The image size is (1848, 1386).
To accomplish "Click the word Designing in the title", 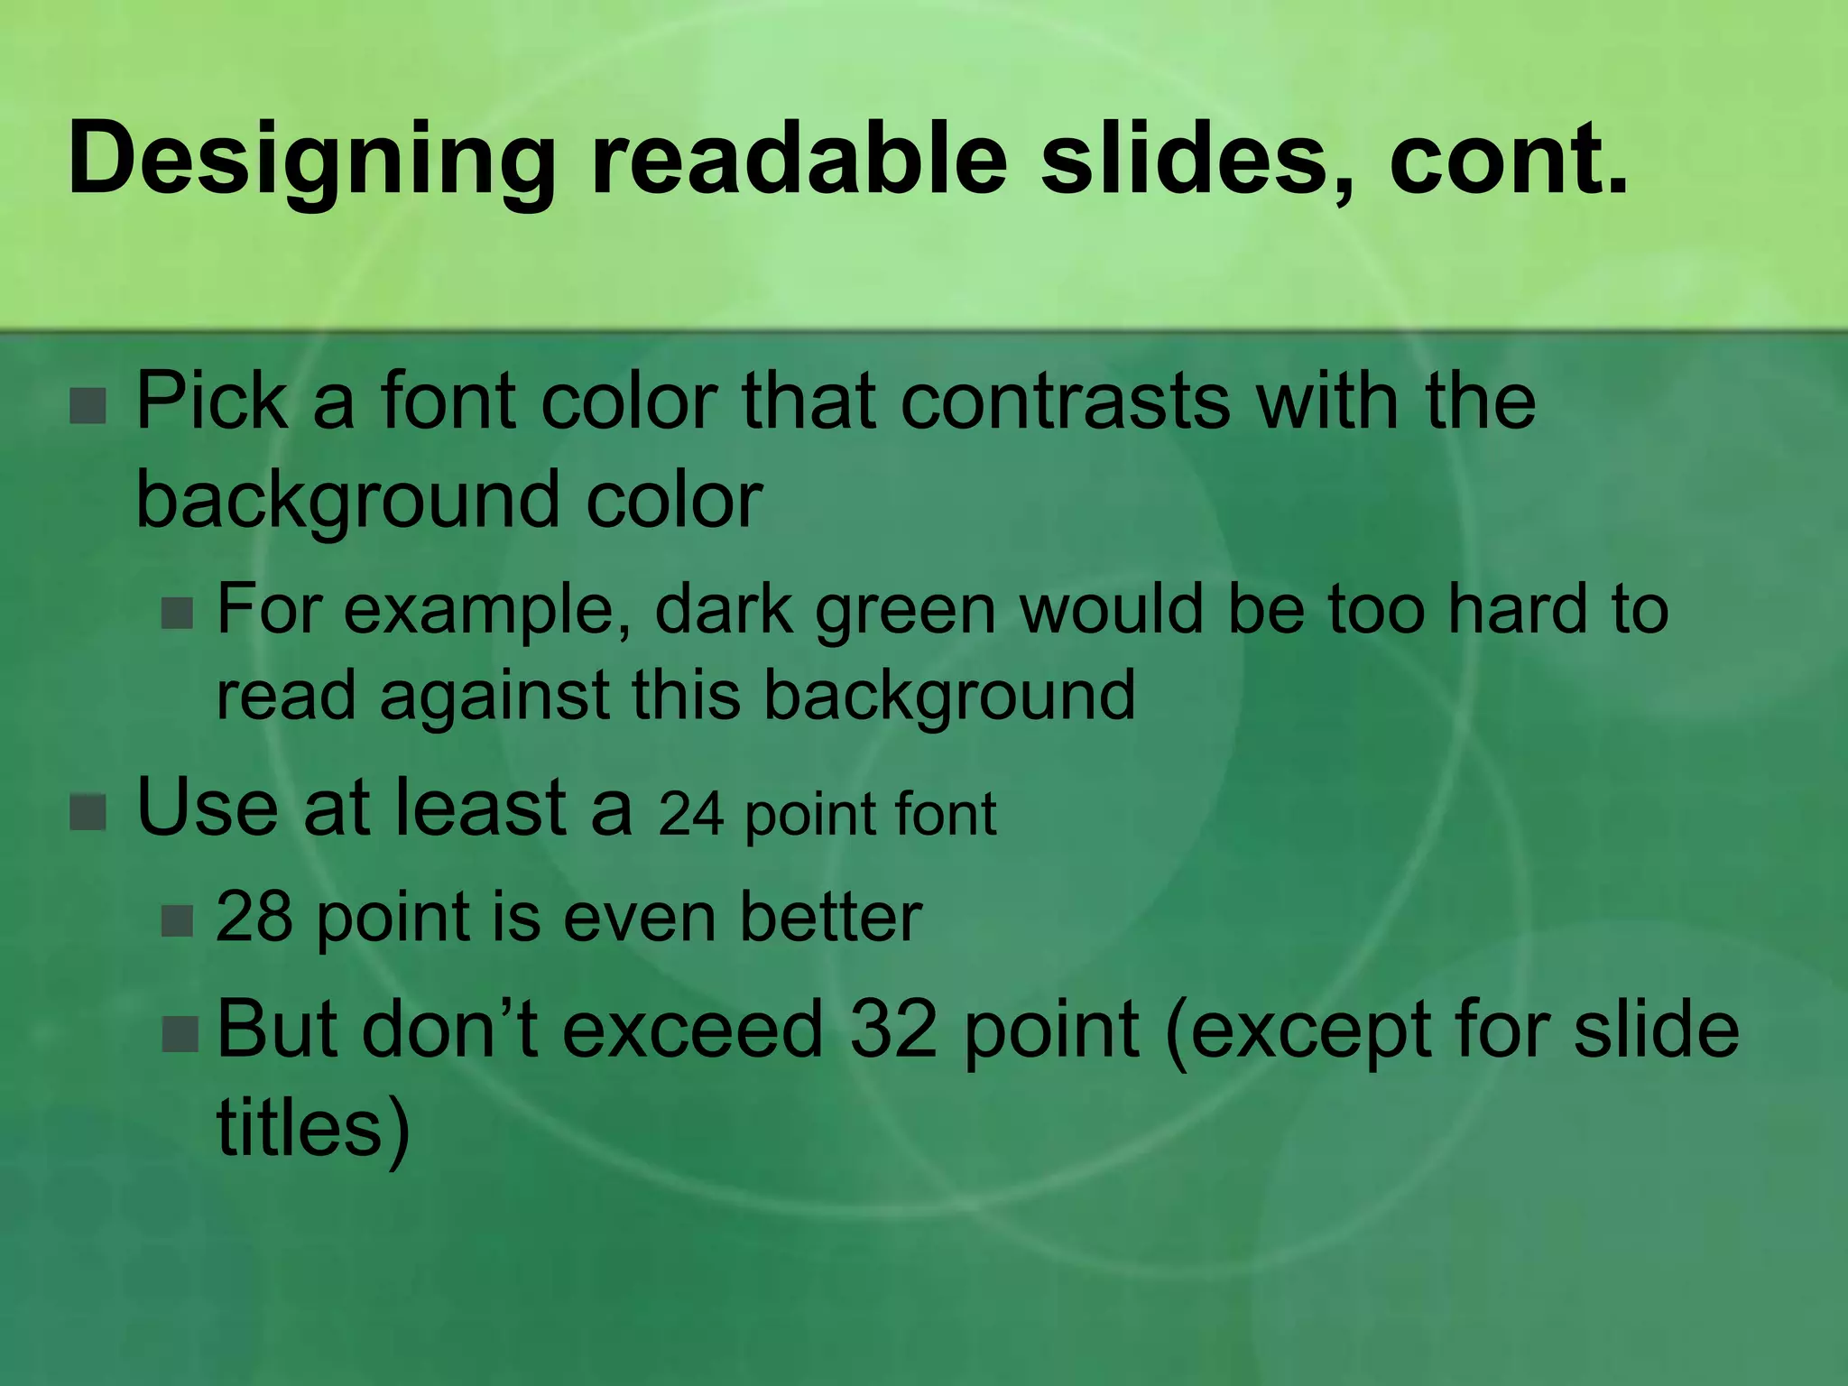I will (310, 161).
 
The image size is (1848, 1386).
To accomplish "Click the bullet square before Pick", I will (88, 405).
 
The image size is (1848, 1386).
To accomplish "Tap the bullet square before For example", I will (178, 613).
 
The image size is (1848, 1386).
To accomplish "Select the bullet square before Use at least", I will (88, 811).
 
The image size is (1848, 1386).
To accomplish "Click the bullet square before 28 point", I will (178, 920).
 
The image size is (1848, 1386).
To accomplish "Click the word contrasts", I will (1065, 401).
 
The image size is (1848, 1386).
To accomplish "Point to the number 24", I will (691, 814).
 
